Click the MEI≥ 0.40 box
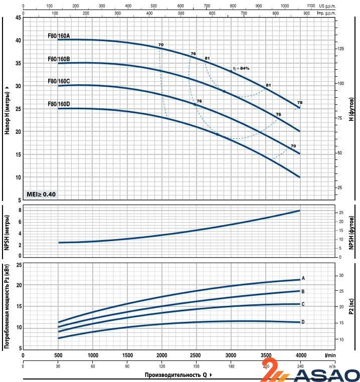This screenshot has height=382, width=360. (x=42, y=194)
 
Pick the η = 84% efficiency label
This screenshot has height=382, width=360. (x=241, y=68)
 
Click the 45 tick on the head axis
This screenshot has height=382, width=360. (x=19, y=18)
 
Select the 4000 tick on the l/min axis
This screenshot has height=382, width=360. (x=300, y=355)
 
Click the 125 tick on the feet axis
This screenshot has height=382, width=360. (x=341, y=49)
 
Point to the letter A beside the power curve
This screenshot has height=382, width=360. (x=304, y=278)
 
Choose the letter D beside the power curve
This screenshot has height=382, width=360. (x=304, y=322)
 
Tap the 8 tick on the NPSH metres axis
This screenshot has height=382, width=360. (x=20, y=210)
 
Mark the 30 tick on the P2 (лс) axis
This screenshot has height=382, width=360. (x=341, y=275)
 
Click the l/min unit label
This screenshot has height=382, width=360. (x=329, y=355)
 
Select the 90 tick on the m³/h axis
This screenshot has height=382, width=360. (x=127, y=365)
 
